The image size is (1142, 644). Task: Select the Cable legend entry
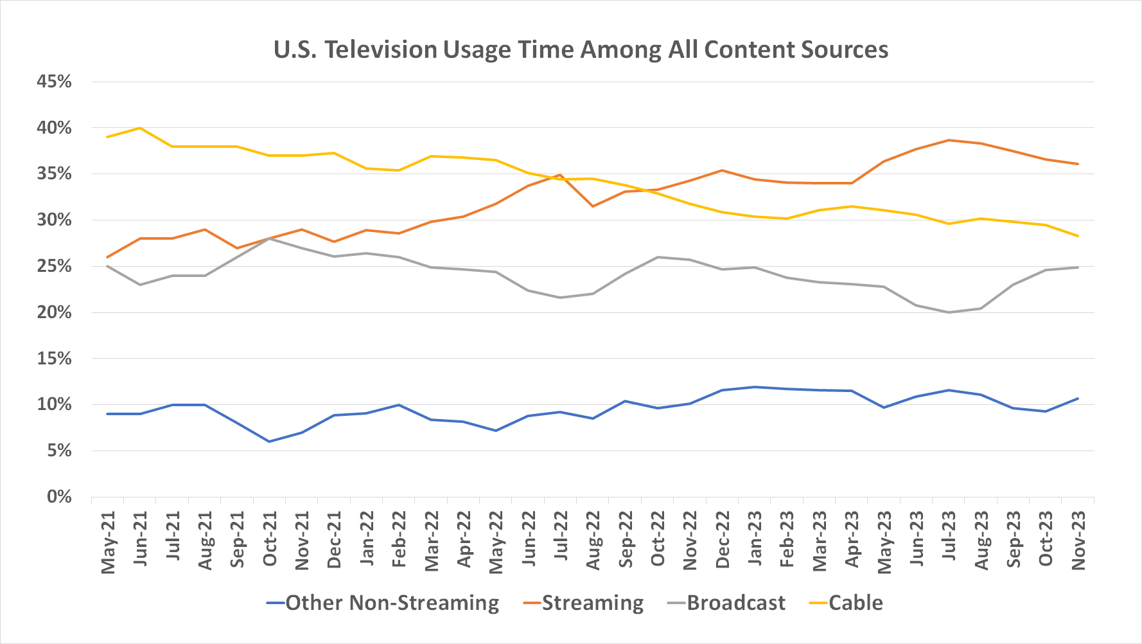(855, 603)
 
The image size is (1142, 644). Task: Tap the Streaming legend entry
(592, 603)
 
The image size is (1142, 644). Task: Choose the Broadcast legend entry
(735, 603)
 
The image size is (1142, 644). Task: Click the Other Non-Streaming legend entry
(392, 603)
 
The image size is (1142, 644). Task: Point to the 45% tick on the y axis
(54, 82)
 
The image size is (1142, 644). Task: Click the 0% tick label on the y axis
(59, 497)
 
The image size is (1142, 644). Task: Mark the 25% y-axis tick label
(54, 266)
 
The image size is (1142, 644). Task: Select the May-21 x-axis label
(108, 542)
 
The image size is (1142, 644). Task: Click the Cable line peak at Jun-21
(140, 128)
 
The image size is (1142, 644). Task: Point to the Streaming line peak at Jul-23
(949, 140)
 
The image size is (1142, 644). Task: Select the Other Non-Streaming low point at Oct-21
(269, 442)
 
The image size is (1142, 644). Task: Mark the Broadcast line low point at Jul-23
(949, 312)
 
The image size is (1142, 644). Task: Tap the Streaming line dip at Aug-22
(593, 206)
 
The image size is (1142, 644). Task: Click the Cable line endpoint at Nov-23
(1078, 236)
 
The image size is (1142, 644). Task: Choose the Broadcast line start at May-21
(108, 266)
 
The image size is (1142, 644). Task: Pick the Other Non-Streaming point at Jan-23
(755, 387)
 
